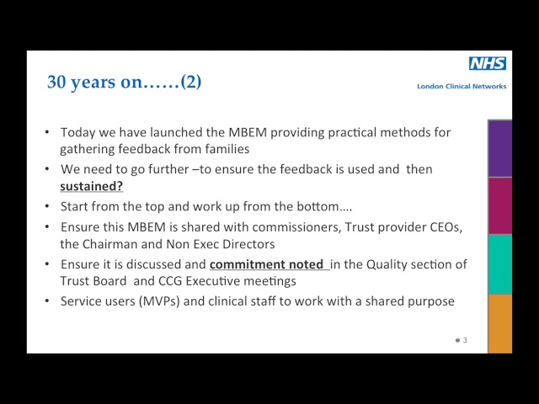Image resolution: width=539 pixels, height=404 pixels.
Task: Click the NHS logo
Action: click(488, 64)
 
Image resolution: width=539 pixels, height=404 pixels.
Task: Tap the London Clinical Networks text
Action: click(462, 86)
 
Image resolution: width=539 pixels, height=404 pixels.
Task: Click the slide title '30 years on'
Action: click(124, 82)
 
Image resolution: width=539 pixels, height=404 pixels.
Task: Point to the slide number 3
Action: click(465, 340)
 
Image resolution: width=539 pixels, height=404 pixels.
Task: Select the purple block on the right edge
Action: click(499, 149)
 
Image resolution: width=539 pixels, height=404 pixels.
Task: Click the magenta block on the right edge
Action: click(499, 206)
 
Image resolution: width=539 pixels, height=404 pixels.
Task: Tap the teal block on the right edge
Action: click(499, 263)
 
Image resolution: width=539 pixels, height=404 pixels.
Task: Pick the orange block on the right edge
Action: click(499, 322)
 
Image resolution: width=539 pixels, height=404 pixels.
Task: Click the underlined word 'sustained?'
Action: click(91, 186)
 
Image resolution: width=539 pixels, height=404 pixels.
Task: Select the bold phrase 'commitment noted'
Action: click(267, 264)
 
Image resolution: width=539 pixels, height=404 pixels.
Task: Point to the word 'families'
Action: click(226, 149)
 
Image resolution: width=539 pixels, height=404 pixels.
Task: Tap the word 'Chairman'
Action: click(110, 244)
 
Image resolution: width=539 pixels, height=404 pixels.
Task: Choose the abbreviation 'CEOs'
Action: click(445, 227)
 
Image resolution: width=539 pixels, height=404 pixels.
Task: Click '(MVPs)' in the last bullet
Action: click(160, 300)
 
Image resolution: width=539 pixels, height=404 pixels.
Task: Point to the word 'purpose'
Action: click(430, 300)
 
